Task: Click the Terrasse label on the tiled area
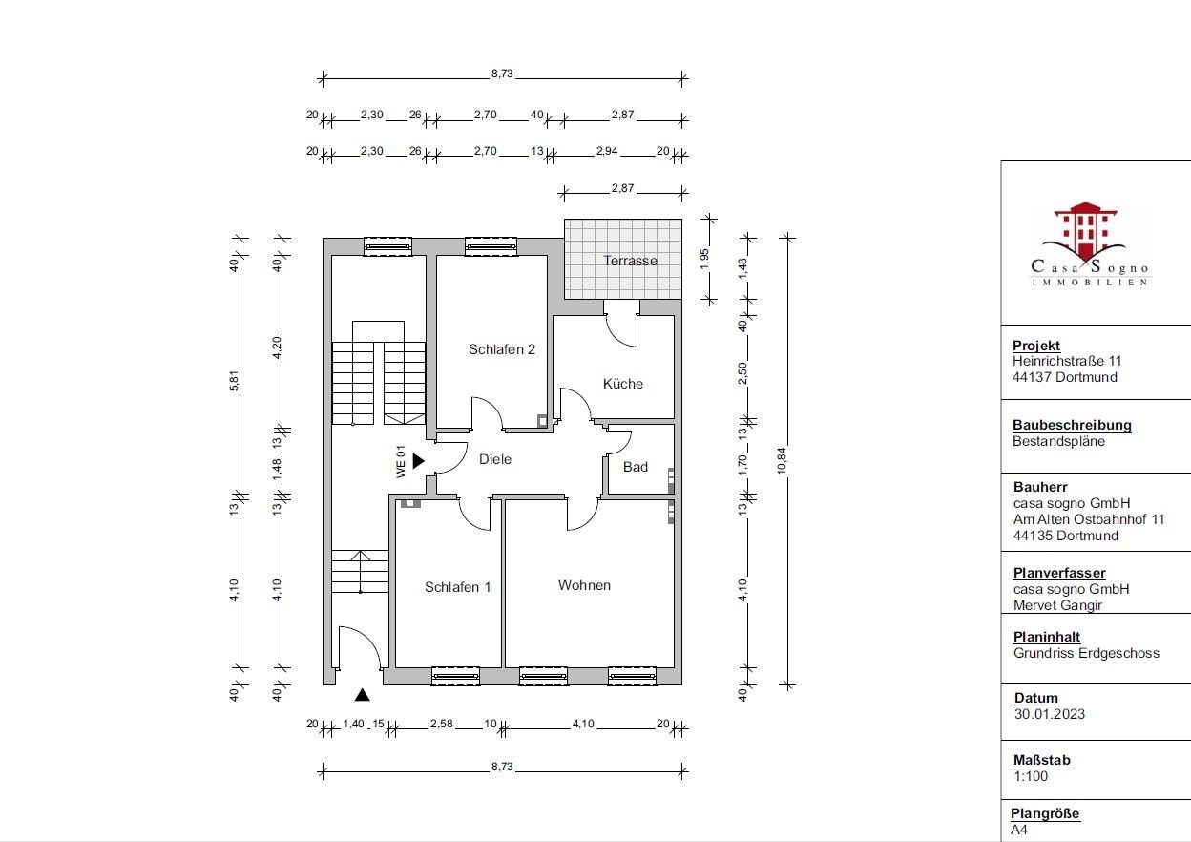pos(630,261)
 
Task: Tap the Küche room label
pos(623,384)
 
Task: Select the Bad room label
pos(636,467)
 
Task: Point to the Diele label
pos(495,459)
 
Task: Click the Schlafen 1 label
pos(457,587)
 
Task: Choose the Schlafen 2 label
pos(501,349)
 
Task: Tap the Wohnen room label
pos(584,585)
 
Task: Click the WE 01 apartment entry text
pos(402,462)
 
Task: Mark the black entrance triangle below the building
pos(362,696)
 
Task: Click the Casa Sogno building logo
pos(1089,243)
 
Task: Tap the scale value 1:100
pos(1030,777)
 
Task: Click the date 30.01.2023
pos(1049,714)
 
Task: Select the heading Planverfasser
pos(1059,573)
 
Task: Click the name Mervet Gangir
pos(1057,605)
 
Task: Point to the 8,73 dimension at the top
pos(502,74)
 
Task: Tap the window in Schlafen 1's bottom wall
pos(455,676)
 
